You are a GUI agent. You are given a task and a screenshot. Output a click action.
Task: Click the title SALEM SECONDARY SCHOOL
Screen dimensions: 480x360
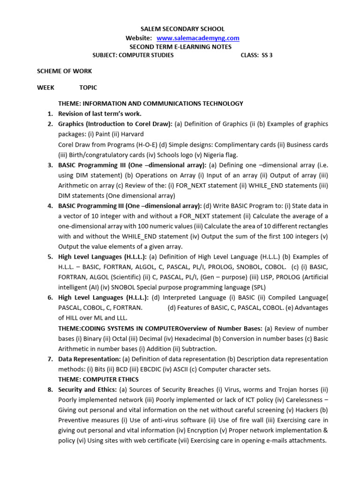click(180, 29)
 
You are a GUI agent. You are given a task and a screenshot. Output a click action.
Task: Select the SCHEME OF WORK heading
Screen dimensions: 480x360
click(64, 71)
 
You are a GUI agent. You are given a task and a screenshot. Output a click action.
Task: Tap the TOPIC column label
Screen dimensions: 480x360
click(88, 88)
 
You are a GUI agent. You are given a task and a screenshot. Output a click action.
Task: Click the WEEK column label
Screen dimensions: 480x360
click(45, 88)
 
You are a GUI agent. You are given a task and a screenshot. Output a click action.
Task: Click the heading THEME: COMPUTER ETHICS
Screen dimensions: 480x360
click(98, 379)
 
